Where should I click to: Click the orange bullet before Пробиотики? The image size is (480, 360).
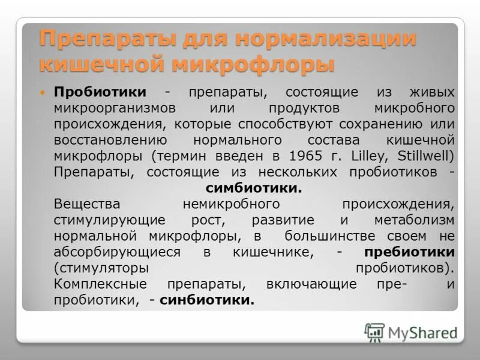(43, 94)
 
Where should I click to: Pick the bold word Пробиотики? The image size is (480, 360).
(100, 92)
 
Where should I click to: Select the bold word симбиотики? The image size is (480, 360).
(254, 188)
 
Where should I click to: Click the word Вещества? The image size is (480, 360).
(86, 203)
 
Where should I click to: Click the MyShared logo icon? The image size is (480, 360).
(375, 332)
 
